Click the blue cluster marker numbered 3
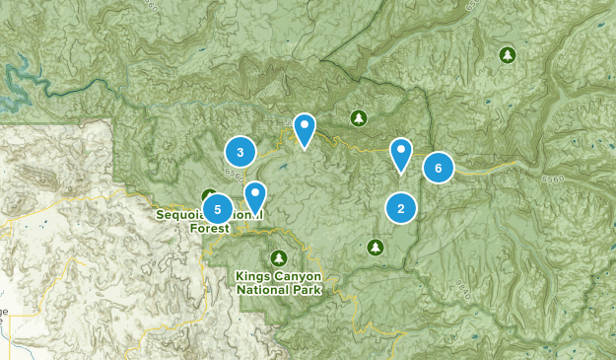click(x=240, y=152)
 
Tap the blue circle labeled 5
click(x=217, y=209)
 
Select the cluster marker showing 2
click(x=400, y=208)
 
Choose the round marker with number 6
click(x=438, y=168)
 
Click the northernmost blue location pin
click(x=306, y=127)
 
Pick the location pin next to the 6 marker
click(x=401, y=152)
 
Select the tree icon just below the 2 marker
click(x=375, y=247)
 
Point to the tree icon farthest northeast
click(x=508, y=54)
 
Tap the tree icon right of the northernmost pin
click(x=358, y=119)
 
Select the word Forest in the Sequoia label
click(x=208, y=228)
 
